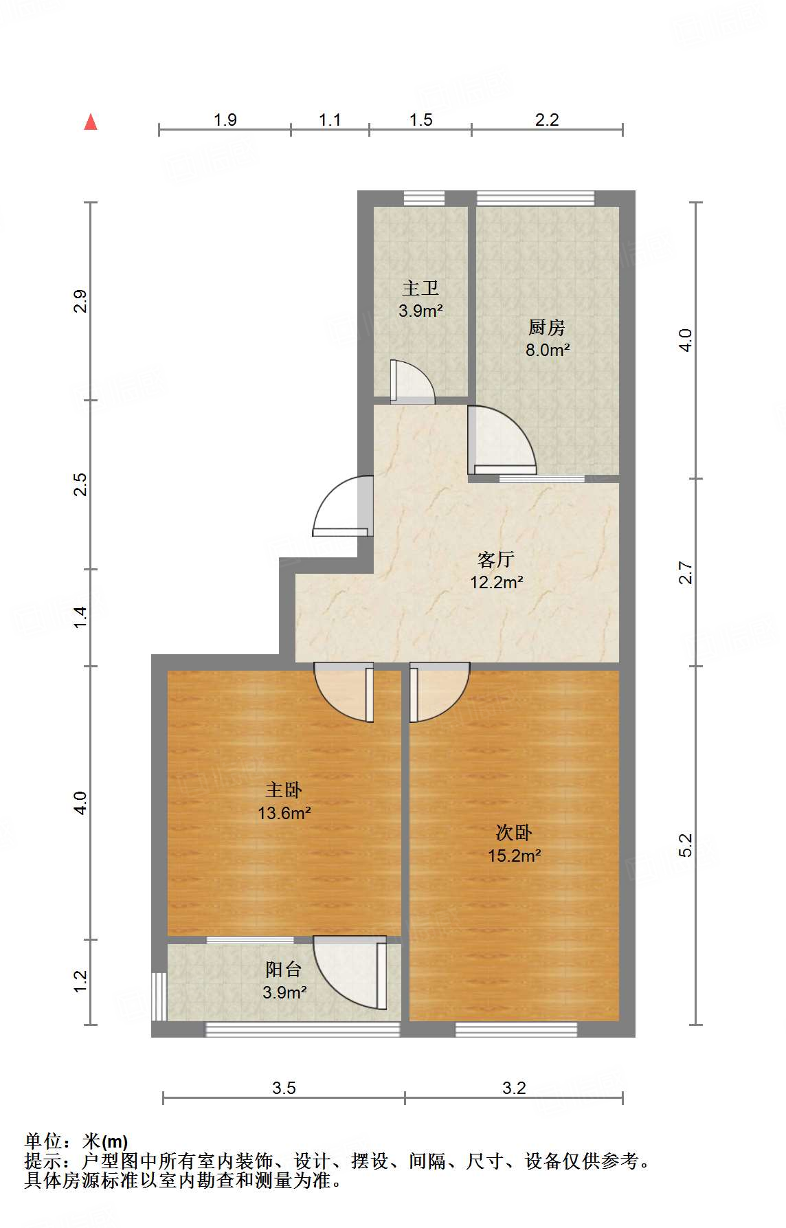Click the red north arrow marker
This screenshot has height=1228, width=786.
(x=91, y=122)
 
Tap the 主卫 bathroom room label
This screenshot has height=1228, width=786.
(x=420, y=289)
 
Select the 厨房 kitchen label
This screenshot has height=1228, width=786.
(x=547, y=328)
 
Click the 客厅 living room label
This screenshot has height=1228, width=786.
(x=496, y=560)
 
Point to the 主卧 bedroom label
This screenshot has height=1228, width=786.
(x=284, y=791)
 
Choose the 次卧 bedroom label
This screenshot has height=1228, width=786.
(x=514, y=834)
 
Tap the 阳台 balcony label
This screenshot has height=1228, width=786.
(x=284, y=970)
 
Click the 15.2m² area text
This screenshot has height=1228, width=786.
(x=514, y=856)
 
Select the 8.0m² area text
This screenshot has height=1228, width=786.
(x=547, y=350)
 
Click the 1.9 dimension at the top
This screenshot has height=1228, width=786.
(x=225, y=120)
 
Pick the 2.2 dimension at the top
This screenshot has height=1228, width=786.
(x=547, y=120)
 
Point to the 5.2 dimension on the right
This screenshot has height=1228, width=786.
(x=686, y=845)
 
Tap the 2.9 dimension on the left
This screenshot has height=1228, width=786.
(x=80, y=302)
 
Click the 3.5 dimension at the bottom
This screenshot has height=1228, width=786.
(x=284, y=1088)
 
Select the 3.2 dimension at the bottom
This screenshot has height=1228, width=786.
(x=514, y=1088)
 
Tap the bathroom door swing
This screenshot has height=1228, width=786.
(x=412, y=382)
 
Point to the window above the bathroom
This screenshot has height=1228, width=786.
(x=424, y=198)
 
